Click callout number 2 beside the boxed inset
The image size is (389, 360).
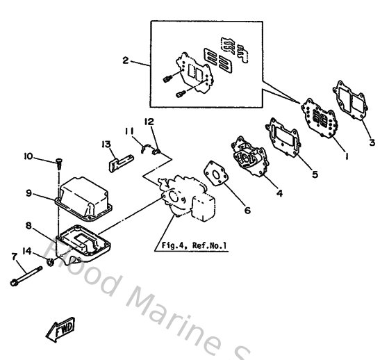coord(126,60)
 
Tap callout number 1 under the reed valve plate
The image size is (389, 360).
coord(345,157)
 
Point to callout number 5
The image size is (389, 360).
coord(315,174)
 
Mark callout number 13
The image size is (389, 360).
coord(106,145)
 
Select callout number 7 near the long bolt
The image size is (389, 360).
coord(14,256)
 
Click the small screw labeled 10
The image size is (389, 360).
coord(57,164)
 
